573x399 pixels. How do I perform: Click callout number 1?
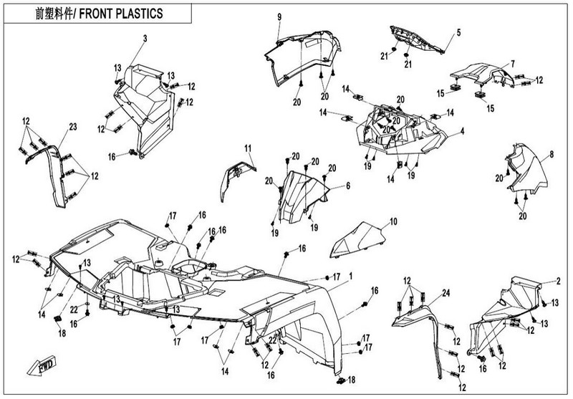[x=351, y=276]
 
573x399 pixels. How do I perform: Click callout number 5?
[x=460, y=32]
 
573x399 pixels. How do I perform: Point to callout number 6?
[x=348, y=186]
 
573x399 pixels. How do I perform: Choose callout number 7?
[x=512, y=63]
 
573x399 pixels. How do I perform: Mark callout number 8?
[x=552, y=153]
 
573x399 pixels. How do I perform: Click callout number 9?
[x=279, y=16]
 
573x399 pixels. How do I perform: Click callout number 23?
[x=72, y=128]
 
